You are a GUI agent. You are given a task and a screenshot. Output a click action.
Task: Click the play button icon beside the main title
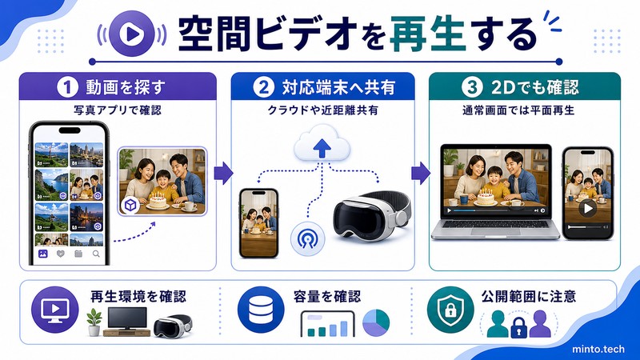pyautogui.click(x=132, y=34)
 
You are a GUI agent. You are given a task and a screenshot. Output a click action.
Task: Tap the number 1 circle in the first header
pyautogui.click(x=67, y=87)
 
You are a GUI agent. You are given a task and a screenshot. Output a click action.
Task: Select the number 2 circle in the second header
pyautogui.click(x=264, y=87)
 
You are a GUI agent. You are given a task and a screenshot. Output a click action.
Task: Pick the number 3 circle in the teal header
pyautogui.click(x=472, y=87)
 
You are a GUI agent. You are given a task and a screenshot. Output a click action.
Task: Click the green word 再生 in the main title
pyautogui.click(x=428, y=34)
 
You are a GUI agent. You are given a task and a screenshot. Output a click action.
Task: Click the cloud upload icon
pyautogui.click(x=322, y=142)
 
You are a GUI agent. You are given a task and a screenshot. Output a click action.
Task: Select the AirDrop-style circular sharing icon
pyautogui.click(x=307, y=238)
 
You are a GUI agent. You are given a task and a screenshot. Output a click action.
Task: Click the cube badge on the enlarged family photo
pyautogui.click(x=130, y=205)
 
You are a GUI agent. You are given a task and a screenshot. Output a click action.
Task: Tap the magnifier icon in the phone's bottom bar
pyautogui.click(x=96, y=254)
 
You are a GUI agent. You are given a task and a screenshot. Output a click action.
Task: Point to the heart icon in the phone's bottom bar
pyautogui.click(x=61, y=254)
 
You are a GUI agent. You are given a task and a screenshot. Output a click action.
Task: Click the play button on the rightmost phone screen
pyautogui.click(x=588, y=209)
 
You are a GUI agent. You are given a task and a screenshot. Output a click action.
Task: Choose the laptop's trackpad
pyautogui.click(x=495, y=231)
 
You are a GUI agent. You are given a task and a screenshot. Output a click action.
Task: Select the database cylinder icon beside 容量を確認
pyautogui.click(x=261, y=310)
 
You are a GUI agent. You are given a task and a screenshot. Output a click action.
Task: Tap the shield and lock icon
pyautogui.click(x=450, y=310)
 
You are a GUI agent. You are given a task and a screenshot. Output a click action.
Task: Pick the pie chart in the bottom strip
pyautogui.click(x=376, y=322)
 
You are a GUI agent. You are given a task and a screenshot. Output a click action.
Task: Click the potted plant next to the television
pyautogui.click(x=94, y=322)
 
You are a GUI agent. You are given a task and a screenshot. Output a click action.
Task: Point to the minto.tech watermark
pyautogui.click(x=598, y=350)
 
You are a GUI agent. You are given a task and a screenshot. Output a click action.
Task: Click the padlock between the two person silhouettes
pyautogui.click(x=518, y=327)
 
